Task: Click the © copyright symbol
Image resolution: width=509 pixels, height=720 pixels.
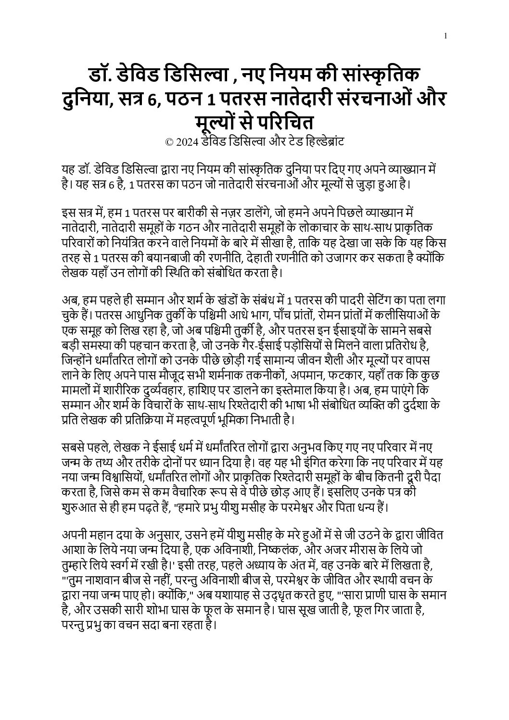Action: [169, 142]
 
